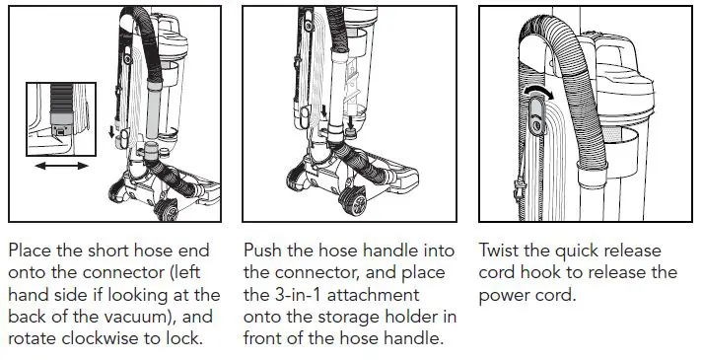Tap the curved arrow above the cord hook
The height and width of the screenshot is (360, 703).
pos(537,93)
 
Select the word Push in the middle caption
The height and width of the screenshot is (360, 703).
pos(266,251)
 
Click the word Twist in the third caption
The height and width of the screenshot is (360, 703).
pos(502,251)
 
